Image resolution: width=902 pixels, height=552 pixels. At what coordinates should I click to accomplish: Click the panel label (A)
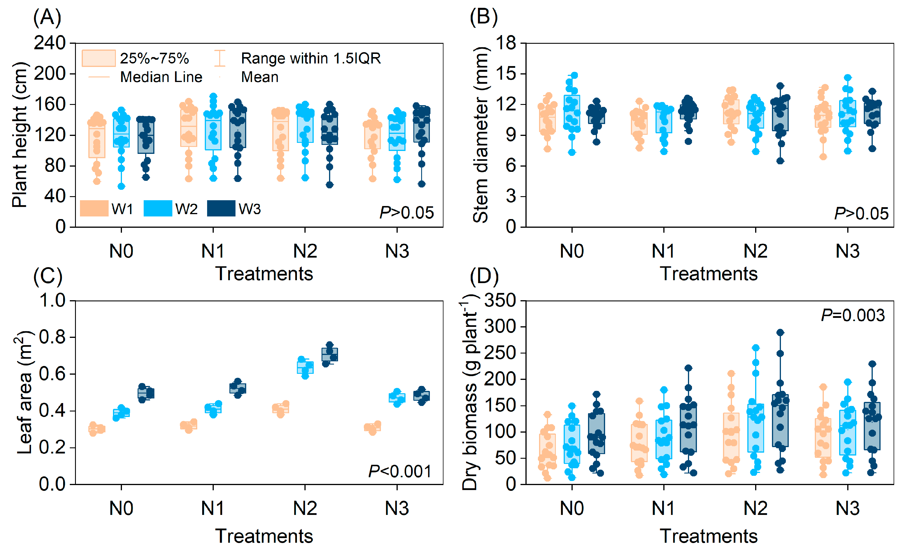(x=47, y=17)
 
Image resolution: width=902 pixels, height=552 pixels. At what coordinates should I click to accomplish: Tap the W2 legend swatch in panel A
(x=158, y=208)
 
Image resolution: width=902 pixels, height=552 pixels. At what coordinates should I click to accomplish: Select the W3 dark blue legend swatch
(x=221, y=208)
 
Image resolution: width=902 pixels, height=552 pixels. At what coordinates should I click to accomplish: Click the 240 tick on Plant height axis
(x=50, y=43)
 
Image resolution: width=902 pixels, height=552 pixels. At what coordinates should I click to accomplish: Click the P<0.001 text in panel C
(x=400, y=471)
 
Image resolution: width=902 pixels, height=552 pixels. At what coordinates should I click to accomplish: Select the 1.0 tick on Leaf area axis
(x=52, y=301)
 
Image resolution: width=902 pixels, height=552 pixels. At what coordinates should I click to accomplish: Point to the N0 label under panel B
(x=572, y=251)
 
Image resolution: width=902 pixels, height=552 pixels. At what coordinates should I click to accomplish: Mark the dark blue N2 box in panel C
(x=329, y=355)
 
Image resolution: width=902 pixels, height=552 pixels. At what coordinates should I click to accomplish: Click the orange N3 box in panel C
(x=372, y=427)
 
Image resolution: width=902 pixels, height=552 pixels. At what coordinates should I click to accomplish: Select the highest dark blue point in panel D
(x=780, y=333)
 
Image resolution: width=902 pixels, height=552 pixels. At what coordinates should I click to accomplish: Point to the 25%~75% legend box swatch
(x=98, y=58)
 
